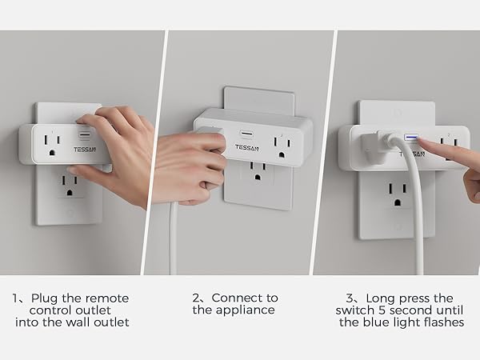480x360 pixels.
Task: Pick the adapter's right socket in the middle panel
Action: coord(281,144)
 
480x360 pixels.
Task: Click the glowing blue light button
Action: coord(410,138)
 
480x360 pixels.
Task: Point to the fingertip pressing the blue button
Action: coord(424,142)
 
